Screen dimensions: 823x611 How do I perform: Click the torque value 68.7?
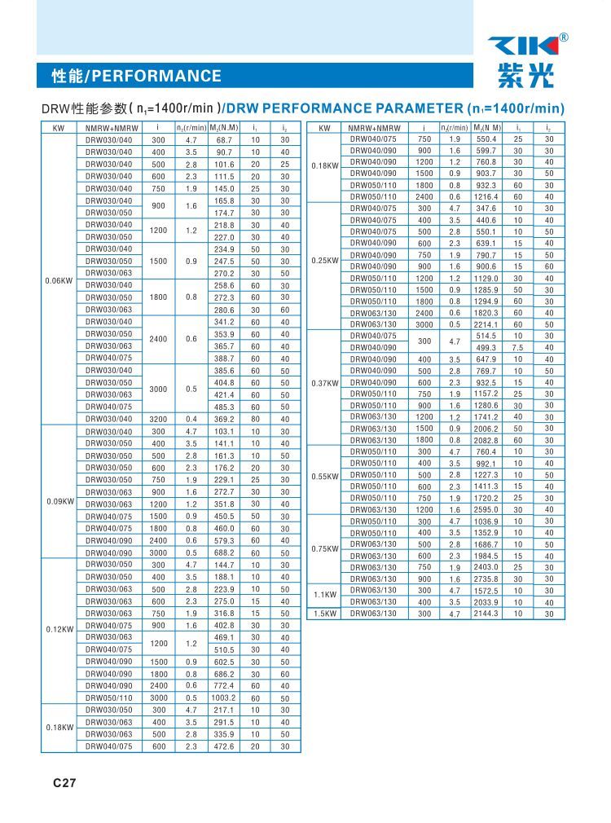pos(224,140)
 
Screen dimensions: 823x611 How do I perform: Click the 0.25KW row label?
pos(325,261)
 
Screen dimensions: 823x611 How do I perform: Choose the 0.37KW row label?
pos(325,383)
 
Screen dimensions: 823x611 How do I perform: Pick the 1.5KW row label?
pos(325,614)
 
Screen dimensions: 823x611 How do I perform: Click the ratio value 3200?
pos(158,419)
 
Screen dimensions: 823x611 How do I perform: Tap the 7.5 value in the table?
pos(518,348)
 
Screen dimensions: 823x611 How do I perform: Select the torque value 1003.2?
pos(224,698)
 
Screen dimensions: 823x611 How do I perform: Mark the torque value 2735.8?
pos(486,579)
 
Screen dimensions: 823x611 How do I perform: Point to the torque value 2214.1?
pos(486,324)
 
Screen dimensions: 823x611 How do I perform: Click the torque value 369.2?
pos(224,419)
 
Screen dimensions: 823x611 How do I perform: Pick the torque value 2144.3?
pos(486,614)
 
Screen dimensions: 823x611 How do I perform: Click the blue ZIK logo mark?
pos(522,46)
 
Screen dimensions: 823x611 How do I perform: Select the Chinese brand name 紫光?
pos(524,76)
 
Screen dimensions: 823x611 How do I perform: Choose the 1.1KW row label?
pos(325,594)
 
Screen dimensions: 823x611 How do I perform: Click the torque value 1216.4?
pos(486,196)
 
